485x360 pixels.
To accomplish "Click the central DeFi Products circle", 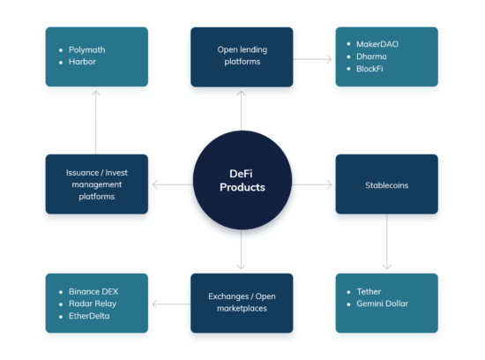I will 242,180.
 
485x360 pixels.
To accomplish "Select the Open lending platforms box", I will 242,56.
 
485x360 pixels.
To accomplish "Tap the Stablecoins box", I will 386,185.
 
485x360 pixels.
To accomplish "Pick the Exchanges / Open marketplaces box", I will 242,303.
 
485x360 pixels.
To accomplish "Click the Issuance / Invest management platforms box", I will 97,184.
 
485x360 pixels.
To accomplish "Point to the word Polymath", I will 86,49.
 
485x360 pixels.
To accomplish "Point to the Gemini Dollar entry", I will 383,304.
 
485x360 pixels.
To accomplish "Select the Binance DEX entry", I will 93,289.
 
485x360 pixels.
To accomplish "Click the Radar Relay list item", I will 93,303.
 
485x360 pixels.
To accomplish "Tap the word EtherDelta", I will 89,316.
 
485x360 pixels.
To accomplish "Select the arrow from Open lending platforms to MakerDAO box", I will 313,58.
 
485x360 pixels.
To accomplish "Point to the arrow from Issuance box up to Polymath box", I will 97,121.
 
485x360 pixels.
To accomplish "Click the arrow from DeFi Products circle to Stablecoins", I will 312,185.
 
